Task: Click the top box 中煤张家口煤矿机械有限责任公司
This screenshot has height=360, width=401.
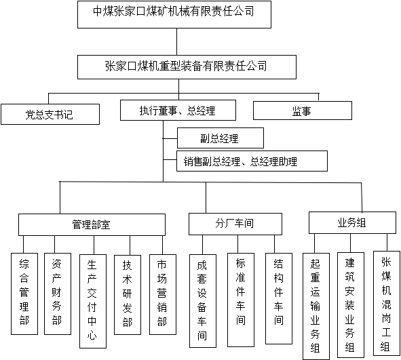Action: [x=174, y=14]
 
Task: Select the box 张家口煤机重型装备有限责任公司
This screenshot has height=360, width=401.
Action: [x=187, y=67]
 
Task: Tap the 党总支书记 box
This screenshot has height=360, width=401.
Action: [x=50, y=114]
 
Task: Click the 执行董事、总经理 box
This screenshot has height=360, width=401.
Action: [x=178, y=110]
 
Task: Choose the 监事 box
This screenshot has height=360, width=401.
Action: [x=303, y=111]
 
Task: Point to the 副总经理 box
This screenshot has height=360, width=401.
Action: [x=221, y=138]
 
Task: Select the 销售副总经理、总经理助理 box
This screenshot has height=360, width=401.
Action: [x=252, y=161]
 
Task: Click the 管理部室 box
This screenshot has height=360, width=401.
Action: [x=92, y=224]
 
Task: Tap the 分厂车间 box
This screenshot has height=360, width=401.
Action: [x=235, y=224]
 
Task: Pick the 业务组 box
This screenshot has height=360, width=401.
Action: [x=352, y=222]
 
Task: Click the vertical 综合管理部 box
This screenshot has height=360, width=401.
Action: [x=24, y=294]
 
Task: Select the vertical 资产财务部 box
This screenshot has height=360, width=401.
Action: [x=58, y=294]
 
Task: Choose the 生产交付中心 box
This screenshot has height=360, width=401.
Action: [x=93, y=301]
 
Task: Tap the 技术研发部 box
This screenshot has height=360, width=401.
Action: [x=128, y=295]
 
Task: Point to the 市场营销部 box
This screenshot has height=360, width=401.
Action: [x=163, y=294]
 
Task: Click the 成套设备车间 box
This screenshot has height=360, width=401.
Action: [x=203, y=301]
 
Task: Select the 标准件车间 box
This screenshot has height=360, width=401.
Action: [x=241, y=300]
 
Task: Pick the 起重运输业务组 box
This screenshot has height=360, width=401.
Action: [x=316, y=306]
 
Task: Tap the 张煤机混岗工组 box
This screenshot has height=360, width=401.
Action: [x=387, y=303]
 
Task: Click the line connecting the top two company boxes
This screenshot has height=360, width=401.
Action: [x=176, y=41]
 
